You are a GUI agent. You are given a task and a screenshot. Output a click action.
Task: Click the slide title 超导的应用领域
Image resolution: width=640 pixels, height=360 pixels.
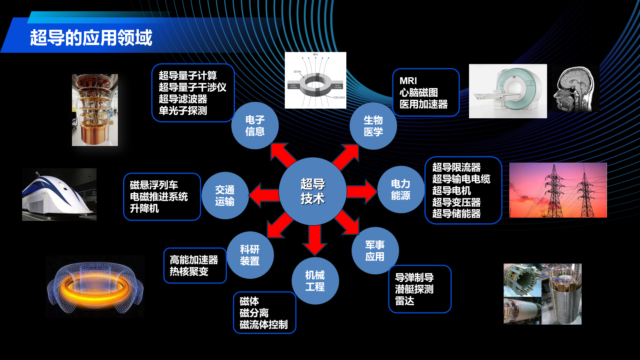91,38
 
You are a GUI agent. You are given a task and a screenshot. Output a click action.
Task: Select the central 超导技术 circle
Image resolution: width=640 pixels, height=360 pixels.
313,191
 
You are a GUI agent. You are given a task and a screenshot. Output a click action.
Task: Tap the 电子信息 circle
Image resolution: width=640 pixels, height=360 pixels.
255,125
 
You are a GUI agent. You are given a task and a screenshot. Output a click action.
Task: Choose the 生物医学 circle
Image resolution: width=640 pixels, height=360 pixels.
373,126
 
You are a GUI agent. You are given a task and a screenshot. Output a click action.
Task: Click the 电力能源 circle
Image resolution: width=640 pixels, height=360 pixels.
401,189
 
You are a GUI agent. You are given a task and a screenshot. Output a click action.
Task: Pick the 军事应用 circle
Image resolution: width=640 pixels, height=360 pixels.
375,251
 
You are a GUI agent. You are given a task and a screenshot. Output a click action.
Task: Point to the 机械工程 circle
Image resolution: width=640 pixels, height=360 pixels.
315,281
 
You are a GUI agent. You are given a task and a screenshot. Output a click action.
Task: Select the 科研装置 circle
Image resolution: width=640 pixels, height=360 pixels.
250,255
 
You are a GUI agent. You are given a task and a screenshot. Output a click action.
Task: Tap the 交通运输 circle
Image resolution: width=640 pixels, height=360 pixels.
225,195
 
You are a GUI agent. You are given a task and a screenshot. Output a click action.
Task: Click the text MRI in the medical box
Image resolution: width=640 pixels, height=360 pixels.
408,81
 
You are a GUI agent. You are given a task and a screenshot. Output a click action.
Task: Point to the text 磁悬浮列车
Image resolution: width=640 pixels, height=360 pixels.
154,185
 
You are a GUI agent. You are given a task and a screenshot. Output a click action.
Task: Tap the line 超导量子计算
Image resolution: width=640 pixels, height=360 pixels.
188,76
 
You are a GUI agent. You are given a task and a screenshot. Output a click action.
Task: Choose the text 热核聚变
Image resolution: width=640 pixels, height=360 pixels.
189,272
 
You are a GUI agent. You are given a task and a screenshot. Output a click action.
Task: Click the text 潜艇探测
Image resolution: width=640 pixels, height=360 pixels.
414,289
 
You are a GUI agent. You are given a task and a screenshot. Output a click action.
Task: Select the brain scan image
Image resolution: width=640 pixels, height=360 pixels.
575,88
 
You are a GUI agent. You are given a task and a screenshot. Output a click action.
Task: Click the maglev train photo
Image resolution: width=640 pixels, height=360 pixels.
59,194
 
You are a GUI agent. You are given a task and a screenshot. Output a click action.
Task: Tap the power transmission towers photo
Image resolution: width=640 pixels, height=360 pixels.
558,190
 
